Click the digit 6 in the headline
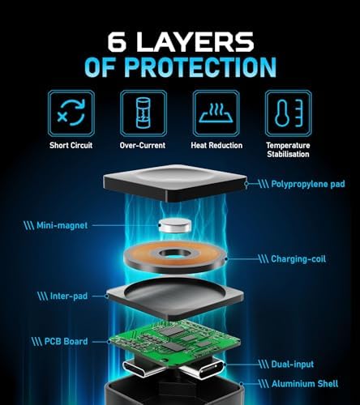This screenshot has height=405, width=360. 118,42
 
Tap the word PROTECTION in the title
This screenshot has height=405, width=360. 200,67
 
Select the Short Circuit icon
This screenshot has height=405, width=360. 71,113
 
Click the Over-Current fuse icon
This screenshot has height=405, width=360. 144,113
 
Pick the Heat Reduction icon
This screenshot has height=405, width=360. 216,113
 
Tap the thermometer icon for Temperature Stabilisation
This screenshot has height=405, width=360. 289,113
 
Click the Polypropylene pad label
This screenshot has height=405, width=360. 308,185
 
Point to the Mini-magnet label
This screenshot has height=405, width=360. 62,225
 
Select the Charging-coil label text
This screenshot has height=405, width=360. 298,259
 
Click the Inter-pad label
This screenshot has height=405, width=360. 69,296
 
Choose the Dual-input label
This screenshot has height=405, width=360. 293,364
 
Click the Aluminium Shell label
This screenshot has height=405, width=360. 305,384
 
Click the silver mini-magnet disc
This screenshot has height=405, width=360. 174,226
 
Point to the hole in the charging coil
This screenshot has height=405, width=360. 174,254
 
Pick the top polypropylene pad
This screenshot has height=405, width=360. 175,183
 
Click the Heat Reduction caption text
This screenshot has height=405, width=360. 216,146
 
